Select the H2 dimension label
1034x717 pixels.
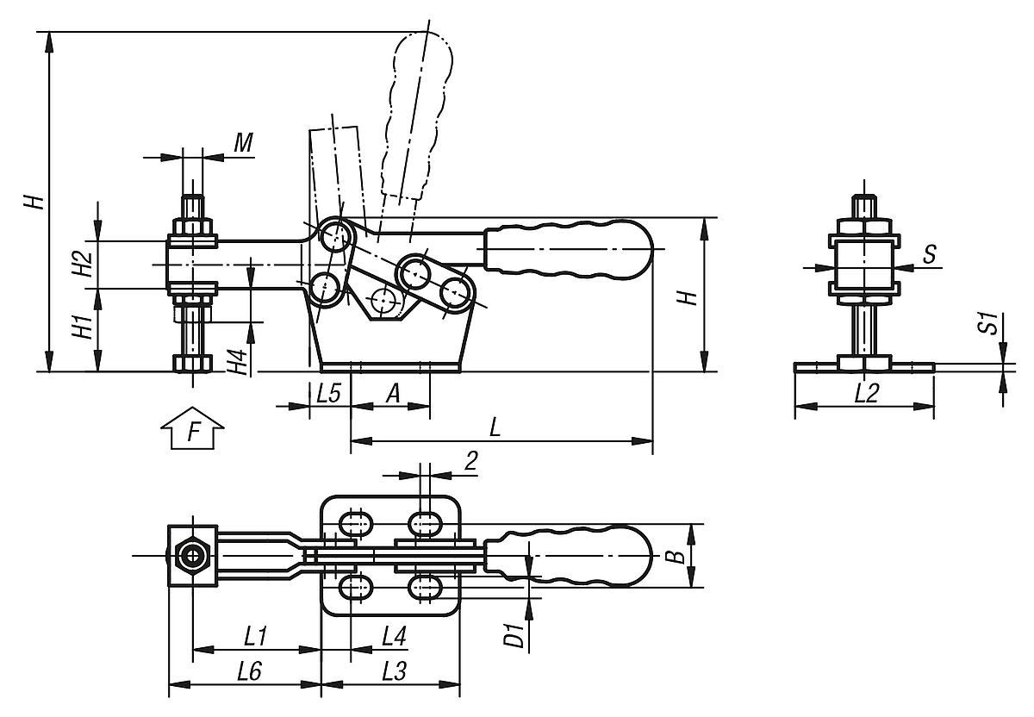coord(80,263)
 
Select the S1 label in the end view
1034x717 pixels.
coord(990,325)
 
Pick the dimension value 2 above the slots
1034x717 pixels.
coord(470,461)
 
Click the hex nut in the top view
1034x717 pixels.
coord(190,556)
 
